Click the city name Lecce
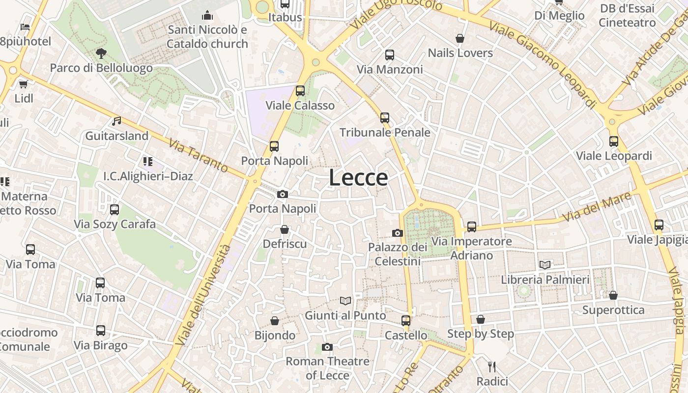point(358,177)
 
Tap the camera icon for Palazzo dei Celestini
point(398,233)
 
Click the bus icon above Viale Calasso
point(300,91)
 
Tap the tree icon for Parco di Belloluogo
point(101,53)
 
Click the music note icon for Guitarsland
point(116,121)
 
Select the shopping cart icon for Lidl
point(23,84)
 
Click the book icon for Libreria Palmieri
point(545,265)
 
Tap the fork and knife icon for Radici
point(492,367)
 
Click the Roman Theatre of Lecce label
point(327,368)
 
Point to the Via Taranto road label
point(198,156)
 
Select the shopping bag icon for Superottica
point(613,295)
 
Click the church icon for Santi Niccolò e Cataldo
point(207,16)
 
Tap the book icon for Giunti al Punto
point(346,301)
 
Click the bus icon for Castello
point(405,321)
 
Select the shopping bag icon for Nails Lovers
point(460,38)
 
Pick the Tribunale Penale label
point(385,133)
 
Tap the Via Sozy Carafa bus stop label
point(115,225)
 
